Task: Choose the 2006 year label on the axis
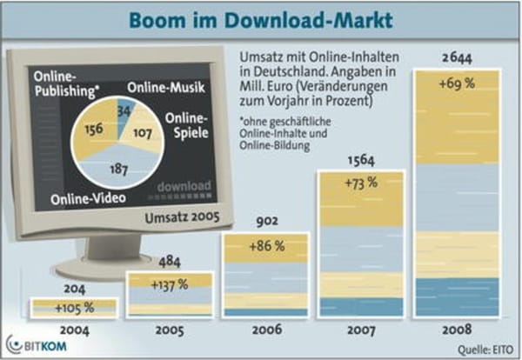261,330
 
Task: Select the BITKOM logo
33,343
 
